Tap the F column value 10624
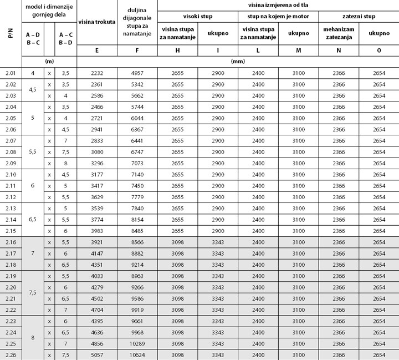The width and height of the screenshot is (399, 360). click(137, 354)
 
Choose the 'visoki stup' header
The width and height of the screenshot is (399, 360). click(198, 16)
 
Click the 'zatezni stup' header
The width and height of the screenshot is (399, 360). click(359, 16)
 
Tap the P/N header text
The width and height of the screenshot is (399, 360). click(11, 33)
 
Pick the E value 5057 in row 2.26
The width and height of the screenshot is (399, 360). click(97, 354)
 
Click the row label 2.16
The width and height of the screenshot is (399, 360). click(11, 242)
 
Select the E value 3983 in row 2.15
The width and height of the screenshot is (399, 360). click(97, 231)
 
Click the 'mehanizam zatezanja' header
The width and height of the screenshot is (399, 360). click(339, 33)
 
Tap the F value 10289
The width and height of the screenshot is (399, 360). click(137, 343)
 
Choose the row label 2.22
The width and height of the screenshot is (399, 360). click(11, 310)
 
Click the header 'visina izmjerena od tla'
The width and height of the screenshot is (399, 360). click(278, 4)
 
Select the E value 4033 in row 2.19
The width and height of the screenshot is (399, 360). click(97, 276)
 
